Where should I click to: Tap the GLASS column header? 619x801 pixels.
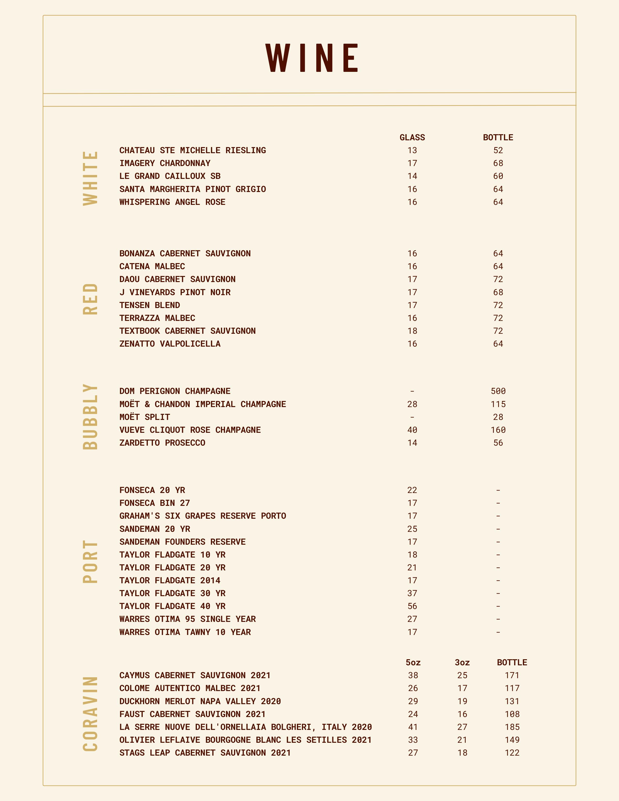412,138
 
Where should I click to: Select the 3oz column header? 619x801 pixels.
462,662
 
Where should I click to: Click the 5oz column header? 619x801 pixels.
413,662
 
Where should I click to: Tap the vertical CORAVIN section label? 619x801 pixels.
91,714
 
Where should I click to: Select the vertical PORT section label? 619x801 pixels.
91,561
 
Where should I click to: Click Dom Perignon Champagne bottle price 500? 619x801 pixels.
498,391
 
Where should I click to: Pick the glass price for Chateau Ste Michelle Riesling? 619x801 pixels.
412,150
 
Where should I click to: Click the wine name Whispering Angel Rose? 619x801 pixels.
172,202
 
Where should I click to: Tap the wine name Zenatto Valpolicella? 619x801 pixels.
170,344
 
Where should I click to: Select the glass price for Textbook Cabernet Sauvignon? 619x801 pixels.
412,331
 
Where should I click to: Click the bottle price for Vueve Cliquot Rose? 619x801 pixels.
498,430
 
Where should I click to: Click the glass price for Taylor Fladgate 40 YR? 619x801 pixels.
412,606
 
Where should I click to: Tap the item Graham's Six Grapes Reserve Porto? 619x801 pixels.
202,516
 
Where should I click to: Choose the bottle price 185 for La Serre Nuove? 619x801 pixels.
512,727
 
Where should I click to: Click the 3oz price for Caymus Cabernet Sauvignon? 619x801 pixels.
462,675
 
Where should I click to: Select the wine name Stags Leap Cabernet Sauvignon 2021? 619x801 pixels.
205,753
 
